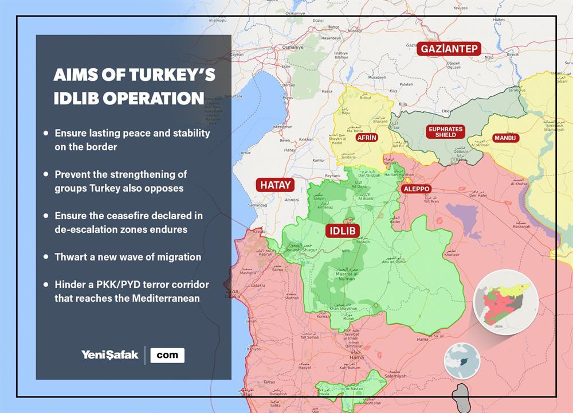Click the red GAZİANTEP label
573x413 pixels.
(449, 49)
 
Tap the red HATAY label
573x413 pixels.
(276, 185)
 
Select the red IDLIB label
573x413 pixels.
(342, 231)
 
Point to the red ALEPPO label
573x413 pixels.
(416, 189)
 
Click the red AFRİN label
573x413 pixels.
(366, 138)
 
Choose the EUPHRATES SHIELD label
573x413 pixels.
(445, 132)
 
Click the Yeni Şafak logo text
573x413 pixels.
(109, 355)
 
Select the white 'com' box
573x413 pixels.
(167, 355)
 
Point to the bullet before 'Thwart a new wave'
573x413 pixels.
(46, 257)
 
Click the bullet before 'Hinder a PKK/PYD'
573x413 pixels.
(46, 285)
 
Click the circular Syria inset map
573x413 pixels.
(507, 300)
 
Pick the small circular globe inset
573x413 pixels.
(462, 360)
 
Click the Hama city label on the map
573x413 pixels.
(356, 357)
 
